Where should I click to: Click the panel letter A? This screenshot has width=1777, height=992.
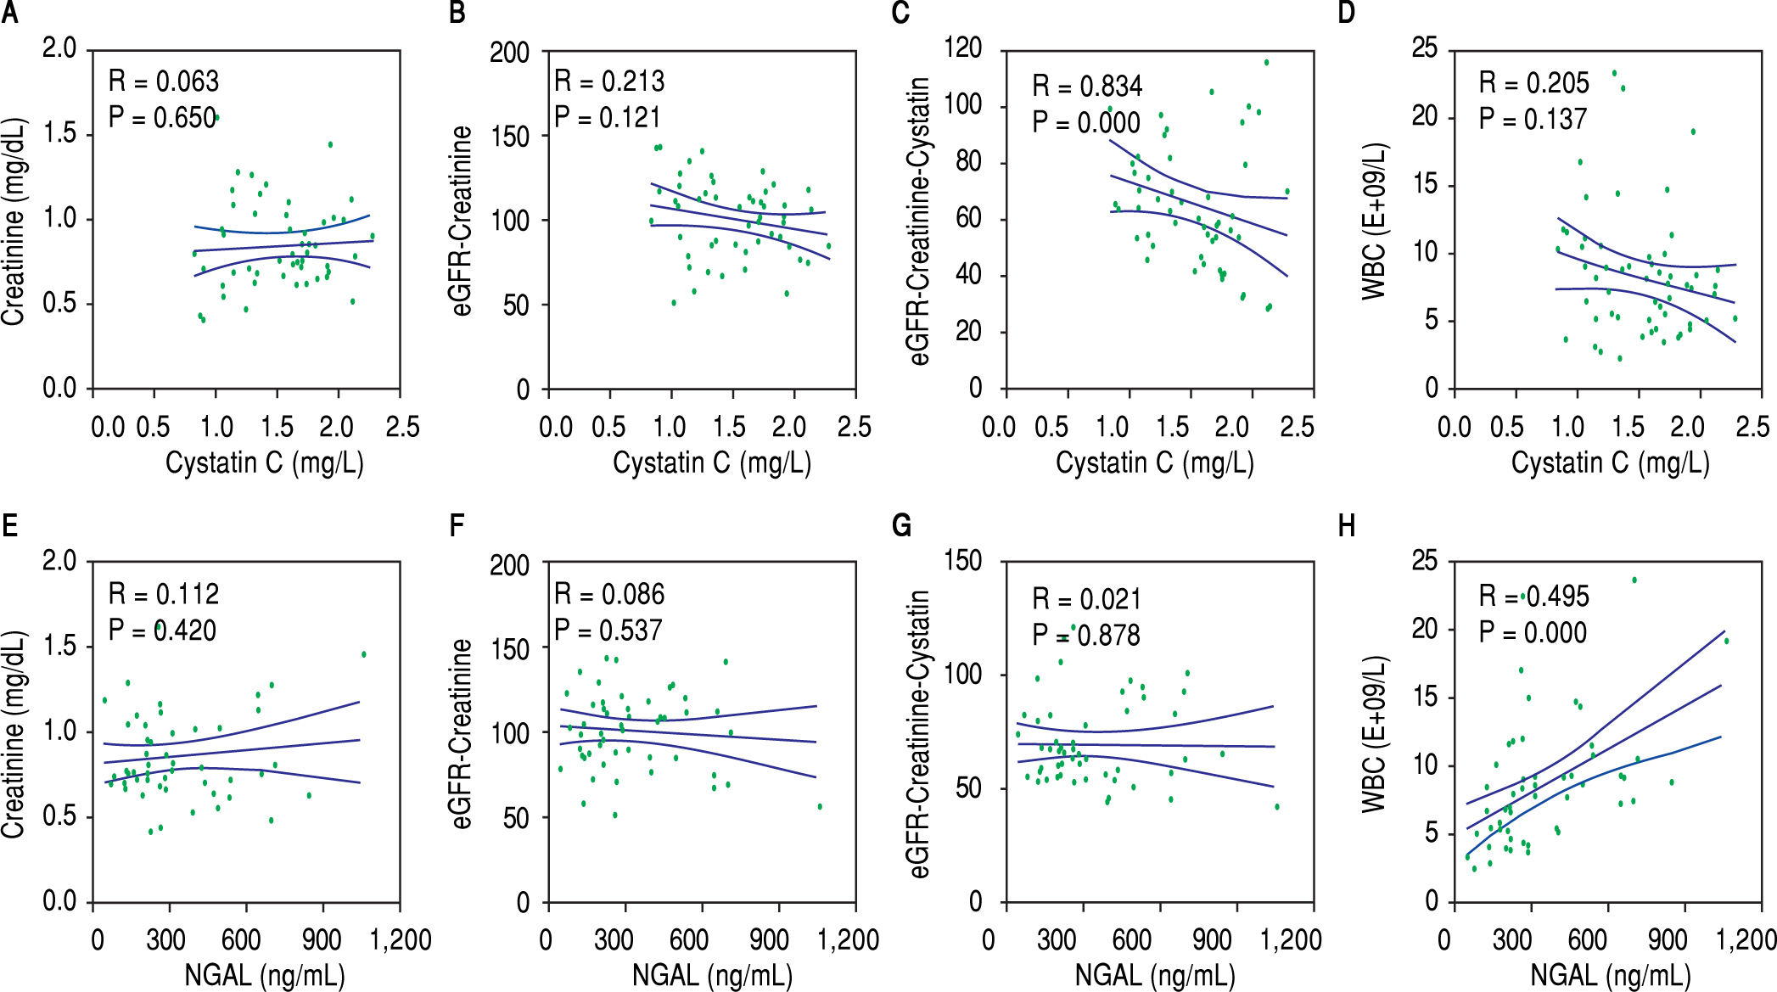point(9,14)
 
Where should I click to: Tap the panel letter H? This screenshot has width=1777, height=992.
point(1347,526)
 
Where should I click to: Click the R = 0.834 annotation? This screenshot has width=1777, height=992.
point(1087,87)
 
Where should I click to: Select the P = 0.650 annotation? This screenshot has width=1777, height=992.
point(162,117)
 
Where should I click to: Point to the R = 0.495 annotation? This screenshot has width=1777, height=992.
point(1533,597)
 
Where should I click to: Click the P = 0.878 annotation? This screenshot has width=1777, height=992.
point(1086,635)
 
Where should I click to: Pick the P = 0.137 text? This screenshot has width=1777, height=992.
point(1533,119)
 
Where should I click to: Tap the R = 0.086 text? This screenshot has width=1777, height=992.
point(609,594)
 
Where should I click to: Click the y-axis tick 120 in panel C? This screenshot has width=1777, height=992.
point(963,48)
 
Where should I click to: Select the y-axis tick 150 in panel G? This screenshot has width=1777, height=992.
point(963,561)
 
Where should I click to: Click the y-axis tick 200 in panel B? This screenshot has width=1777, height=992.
point(509,53)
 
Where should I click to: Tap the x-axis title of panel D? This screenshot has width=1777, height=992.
point(1610,462)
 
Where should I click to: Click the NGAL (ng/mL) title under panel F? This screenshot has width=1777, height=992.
point(712,975)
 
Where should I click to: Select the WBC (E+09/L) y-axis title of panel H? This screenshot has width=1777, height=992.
point(1374,734)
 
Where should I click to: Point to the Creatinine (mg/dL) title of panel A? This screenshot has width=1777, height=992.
point(14,221)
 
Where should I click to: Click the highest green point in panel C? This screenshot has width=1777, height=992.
point(1266,62)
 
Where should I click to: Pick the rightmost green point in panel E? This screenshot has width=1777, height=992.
point(363,654)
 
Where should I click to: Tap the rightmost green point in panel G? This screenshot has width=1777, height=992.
point(1276,807)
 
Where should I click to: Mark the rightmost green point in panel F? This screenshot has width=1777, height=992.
point(820,807)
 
